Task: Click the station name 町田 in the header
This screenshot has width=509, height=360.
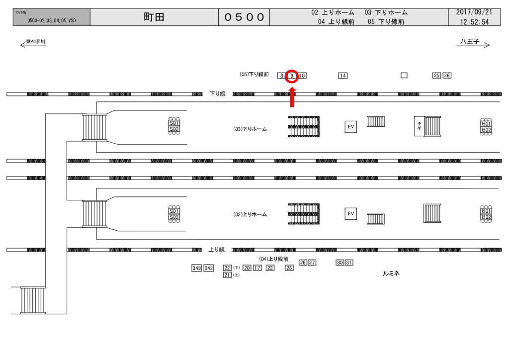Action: tap(154, 17)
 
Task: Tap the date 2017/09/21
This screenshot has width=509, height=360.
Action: tap(475, 12)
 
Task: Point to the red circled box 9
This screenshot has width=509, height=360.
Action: tap(292, 76)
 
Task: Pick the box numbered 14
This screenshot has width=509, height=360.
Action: tap(342, 76)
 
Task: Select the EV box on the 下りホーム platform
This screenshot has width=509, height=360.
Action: tap(351, 127)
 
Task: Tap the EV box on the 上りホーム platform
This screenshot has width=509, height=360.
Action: tap(351, 214)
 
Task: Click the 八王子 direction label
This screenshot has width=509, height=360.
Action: tap(469, 42)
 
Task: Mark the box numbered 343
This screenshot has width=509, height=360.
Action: tap(197, 268)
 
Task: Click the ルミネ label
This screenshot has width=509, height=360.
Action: tap(391, 273)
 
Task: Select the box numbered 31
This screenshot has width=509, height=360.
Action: tap(349, 263)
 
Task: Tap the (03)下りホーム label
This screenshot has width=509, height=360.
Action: tap(250, 129)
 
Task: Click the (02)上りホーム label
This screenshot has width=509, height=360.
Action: tap(250, 215)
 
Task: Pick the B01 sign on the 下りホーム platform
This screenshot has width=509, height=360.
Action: tap(486, 123)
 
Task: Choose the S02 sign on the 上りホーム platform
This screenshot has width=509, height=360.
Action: tap(174, 217)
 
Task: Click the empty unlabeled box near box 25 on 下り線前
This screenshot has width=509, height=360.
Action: tap(404, 76)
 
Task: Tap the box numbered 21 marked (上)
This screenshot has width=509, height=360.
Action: tap(227, 274)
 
